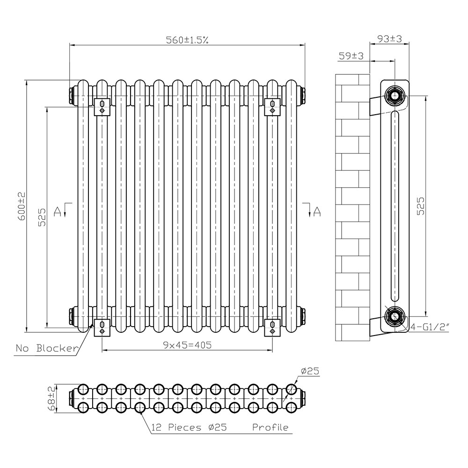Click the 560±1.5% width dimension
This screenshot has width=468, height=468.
187,40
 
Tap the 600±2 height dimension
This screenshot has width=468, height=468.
22,206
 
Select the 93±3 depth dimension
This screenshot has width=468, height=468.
389,39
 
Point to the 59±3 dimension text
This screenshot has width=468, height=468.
351,56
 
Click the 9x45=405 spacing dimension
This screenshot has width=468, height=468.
188,345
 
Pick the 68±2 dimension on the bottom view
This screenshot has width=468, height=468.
52,399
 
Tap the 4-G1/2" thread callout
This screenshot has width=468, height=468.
430,327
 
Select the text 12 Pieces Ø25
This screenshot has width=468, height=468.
189,427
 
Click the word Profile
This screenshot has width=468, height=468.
271,427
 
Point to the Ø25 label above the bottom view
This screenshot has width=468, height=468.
310,371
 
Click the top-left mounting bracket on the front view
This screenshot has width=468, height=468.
102,107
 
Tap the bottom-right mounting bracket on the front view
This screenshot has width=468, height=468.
272,327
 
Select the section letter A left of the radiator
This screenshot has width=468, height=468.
58,212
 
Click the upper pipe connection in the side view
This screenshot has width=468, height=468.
395,96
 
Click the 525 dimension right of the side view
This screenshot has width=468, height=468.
420,206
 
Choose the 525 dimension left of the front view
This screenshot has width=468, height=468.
42,217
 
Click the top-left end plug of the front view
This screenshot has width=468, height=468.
72,95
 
